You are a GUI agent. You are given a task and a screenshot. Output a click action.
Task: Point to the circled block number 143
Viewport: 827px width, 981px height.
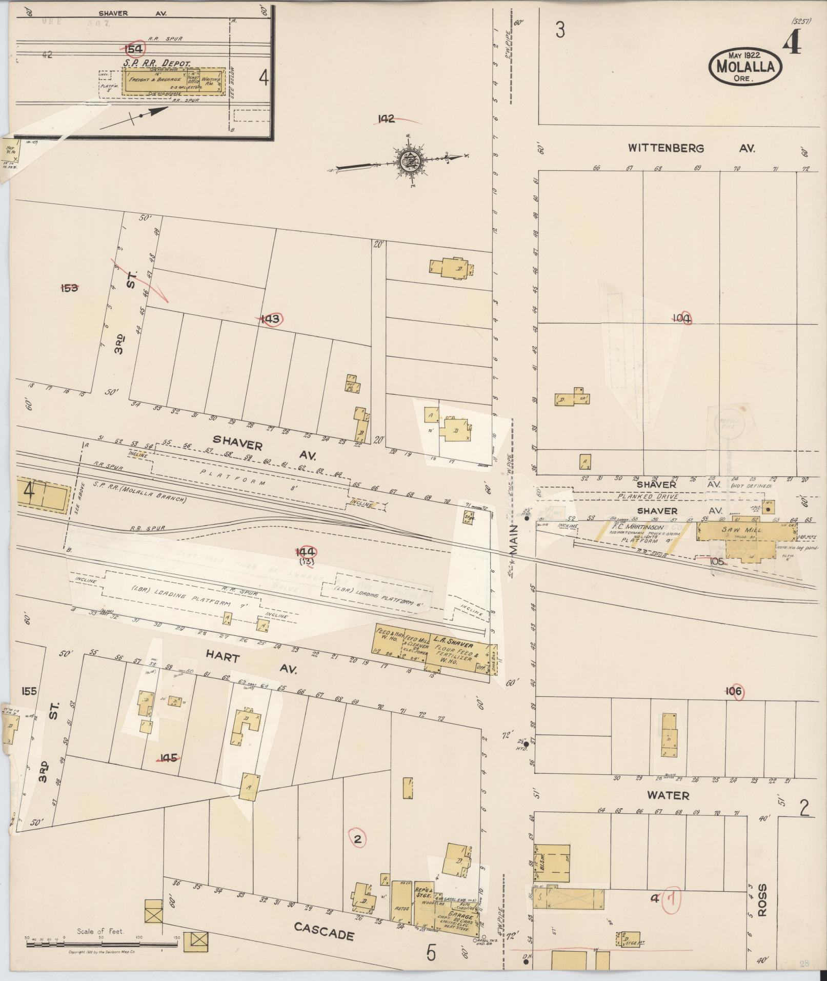coord(271,319)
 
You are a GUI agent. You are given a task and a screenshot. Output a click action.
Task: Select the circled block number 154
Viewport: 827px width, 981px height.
coord(135,49)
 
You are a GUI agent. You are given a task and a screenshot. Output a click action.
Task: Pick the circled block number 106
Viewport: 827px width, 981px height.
coord(734,692)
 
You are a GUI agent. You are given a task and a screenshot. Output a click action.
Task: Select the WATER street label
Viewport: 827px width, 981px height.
coord(668,795)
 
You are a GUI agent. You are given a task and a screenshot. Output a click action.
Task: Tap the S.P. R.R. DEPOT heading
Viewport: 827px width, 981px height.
coord(156,63)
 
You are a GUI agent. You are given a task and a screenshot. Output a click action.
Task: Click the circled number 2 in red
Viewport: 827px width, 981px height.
coord(358,839)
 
